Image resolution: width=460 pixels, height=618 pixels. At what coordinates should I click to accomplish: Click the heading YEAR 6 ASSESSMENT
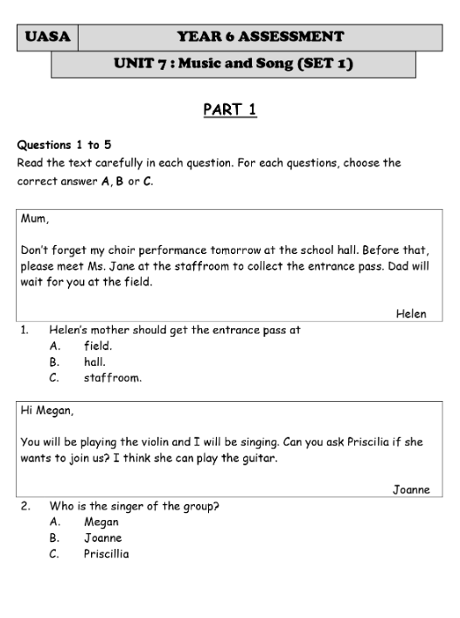260,37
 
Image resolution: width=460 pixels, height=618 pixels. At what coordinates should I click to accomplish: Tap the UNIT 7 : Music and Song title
233,64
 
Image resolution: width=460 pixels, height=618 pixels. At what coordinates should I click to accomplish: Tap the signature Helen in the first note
411,313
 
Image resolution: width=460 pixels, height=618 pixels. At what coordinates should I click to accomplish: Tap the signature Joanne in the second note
410,489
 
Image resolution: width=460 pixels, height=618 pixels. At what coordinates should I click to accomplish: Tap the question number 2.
26,506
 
